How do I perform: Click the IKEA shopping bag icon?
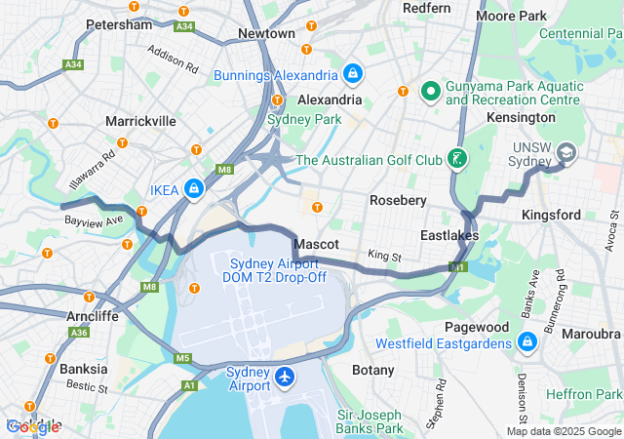(x=195, y=187)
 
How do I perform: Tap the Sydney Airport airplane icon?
(x=285, y=377)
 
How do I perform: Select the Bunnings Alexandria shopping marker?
(x=352, y=73)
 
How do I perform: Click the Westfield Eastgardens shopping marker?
(x=527, y=342)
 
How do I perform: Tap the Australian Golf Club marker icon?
(x=455, y=159)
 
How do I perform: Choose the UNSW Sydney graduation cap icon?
(x=566, y=153)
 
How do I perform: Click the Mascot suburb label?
(x=316, y=243)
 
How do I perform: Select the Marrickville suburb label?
(x=141, y=121)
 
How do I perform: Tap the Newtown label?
(x=266, y=33)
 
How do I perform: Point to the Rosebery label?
(x=399, y=200)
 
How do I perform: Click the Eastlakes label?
(x=448, y=235)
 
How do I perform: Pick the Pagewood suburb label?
(x=477, y=327)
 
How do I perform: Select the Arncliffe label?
(x=94, y=316)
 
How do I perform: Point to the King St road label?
(x=384, y=256)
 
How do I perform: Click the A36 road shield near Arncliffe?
(x=77, y=333)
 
